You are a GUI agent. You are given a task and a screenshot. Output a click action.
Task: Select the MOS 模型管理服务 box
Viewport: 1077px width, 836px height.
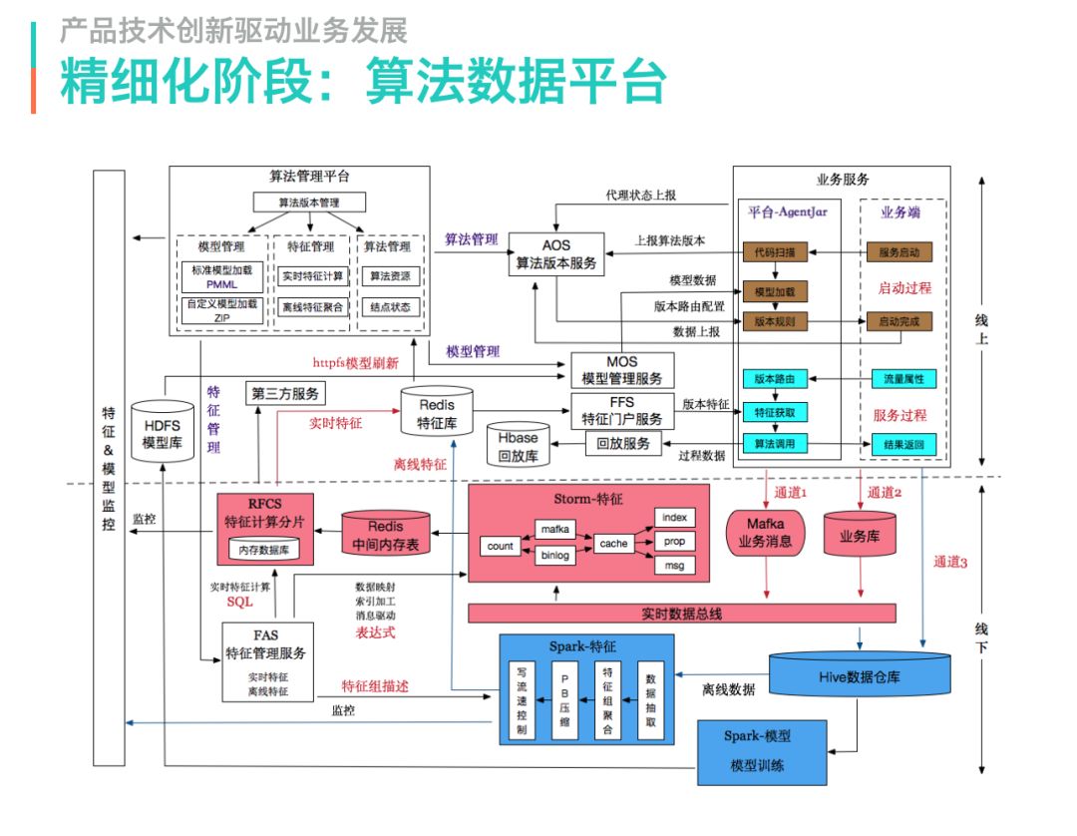pyautogui.click(x=622, y=370)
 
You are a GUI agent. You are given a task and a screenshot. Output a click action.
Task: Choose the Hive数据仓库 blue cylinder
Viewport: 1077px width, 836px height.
pyautogui.click(x=859, y=675)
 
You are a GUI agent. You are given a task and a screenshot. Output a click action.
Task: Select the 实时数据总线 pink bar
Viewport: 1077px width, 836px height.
pyautogui.click(x=681, y=613)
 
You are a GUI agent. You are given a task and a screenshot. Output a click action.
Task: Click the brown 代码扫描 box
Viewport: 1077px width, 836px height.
pyautogui.click(x=774, y=252)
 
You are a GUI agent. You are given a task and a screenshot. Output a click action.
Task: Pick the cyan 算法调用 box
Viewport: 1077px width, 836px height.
pyautogui.click(x=774, y=444)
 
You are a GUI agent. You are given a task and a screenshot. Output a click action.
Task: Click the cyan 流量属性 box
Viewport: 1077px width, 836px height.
pyautogui.click(x=902, y=379)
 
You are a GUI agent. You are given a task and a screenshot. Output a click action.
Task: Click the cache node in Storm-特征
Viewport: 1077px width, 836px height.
pyautogui.click(x=613, y=543)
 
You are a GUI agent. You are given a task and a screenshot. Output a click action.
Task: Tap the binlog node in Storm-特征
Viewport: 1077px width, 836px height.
pyautogui.click(x=554, y=556)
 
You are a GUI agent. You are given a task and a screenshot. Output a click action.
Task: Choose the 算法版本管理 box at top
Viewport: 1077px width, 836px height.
pyautogui.click(x=308, y=203)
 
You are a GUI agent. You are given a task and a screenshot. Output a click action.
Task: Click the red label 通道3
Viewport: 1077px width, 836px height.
pyautogui.click(x=950, y=562)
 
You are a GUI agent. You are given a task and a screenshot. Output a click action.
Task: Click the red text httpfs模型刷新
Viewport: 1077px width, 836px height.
pyautogui.click(x=357, y=363)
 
